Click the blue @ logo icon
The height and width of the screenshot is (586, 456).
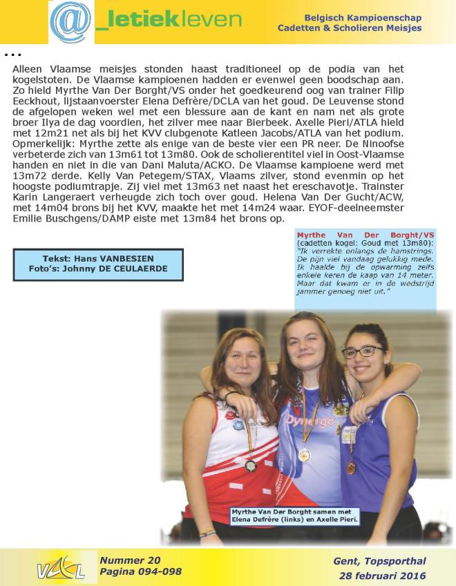tap(70, 21)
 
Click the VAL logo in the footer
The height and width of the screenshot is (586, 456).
tap(60, 567)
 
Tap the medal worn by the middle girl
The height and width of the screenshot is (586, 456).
tap(304, 455)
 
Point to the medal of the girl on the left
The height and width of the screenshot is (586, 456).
tap(250, 466)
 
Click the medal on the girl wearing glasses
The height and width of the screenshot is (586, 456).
tap(352, 467)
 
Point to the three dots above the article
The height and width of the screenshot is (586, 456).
tap(12, 54)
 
